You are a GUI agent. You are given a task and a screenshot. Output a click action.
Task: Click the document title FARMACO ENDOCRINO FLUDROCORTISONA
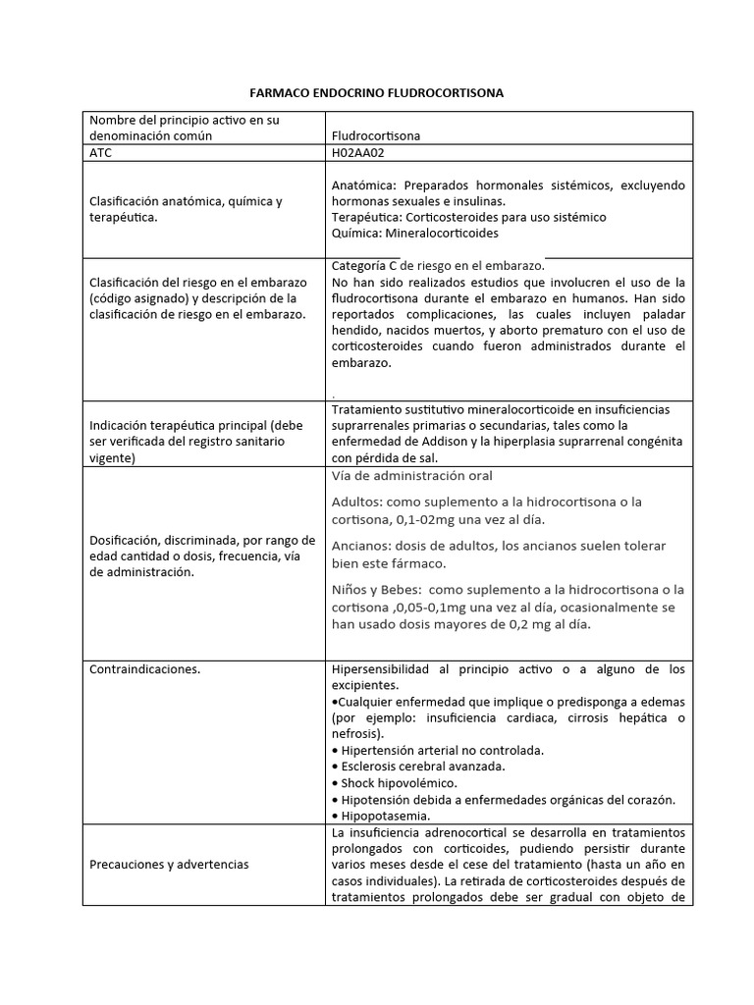pyautogui.click(x=388, y=92)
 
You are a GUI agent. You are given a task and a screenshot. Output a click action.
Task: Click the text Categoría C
pyautogui.click(x=364, y=265)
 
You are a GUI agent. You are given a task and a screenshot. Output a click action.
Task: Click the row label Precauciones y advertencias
pyautogui.click(x=169, y=864)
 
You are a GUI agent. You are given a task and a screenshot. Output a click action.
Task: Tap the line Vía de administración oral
pyautogui.click(x=411, y=476)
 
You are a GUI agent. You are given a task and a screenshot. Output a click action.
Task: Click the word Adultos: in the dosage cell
pyautogui.click(x=357, y=502)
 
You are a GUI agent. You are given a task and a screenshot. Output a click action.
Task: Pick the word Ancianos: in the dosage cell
pyautogui.click(x=361, y=546)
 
